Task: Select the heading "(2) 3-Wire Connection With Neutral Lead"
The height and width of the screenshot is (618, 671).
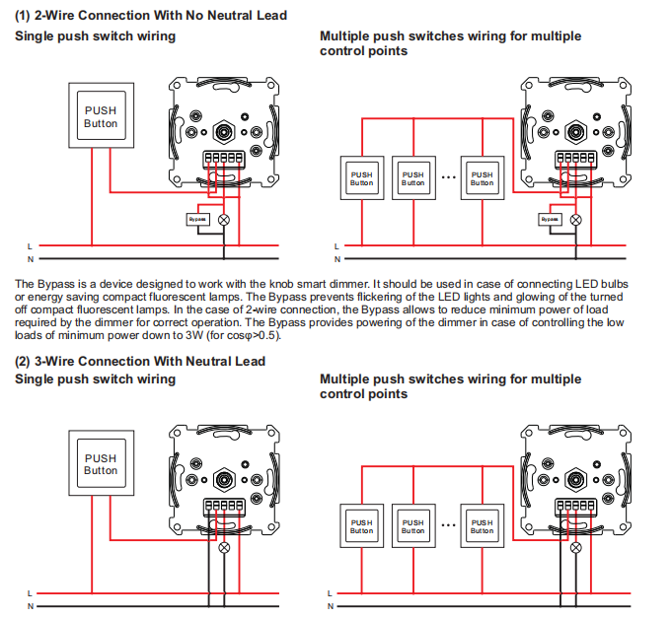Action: (x=140, y=361)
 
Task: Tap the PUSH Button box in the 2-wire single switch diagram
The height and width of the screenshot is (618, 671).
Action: (x=100, y=117)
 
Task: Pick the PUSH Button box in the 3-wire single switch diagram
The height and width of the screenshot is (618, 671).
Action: (x=100, y=463)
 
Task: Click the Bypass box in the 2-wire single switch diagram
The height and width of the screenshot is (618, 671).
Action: (x=195, y=219)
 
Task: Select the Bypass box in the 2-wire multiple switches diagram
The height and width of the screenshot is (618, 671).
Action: (x=549, y=219)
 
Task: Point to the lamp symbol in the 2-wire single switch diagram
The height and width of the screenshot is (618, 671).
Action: (x=223, y=219)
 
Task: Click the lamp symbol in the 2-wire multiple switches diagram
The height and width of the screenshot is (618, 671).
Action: (x=576, y=219)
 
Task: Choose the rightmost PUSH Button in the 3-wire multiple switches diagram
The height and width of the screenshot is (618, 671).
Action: (x=482, y=525)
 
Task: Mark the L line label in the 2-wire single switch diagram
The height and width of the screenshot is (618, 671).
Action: (x=30, y=245)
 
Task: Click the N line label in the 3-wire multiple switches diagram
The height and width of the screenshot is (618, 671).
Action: (x=335, y=606)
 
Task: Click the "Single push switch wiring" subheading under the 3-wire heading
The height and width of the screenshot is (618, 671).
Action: (x=95, y=379)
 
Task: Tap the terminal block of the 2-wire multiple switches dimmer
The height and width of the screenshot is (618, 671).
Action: (x=575, y=157)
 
